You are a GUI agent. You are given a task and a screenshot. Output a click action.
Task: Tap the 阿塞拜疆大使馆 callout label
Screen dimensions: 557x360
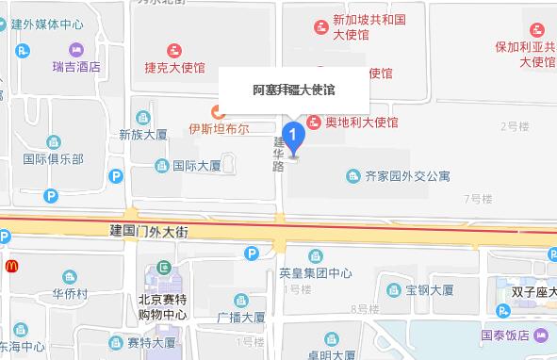pos(294,90)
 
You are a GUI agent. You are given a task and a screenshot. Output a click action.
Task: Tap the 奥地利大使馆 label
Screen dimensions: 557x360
pos(361,123)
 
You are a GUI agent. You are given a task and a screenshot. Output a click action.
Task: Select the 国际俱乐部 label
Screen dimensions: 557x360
pos(53,159)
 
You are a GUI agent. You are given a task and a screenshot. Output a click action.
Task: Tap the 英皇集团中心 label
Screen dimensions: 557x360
pos(316,273)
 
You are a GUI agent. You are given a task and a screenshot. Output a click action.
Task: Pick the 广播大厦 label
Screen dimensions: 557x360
pos(240,317)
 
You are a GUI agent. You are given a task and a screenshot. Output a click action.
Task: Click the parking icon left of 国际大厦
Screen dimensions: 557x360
pos(116,174)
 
